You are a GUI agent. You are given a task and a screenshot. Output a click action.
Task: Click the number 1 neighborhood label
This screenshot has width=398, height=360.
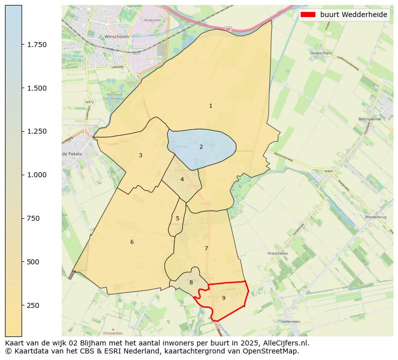coord(211,106)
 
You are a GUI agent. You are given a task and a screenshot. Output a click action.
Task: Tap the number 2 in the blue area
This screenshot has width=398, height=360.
coord(201,147)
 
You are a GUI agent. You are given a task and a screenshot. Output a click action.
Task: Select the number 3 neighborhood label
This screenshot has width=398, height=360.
coord(140,155)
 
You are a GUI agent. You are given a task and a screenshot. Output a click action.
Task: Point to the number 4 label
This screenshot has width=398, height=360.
coord(182,179)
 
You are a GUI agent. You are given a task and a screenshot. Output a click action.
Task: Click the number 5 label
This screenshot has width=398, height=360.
coord(177,218)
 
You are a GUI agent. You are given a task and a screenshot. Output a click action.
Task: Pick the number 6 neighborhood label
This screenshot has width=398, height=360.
coord(132,242)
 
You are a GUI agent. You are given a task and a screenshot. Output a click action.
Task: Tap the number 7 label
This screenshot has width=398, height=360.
coord(206,248)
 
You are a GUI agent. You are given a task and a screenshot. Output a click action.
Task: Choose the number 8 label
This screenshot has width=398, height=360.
coord(191,282)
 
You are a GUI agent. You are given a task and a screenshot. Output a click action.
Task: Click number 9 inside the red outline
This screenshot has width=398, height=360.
coord(224,298)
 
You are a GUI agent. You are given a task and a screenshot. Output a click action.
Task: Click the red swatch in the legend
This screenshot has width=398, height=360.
coord(308,15)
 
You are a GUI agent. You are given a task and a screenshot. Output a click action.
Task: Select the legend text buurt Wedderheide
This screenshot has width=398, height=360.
coord(354,15)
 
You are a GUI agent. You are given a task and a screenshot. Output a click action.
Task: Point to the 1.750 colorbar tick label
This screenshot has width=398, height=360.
coord(37,45)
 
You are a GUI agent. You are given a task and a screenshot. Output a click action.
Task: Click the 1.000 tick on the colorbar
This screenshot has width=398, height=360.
coord(37,175)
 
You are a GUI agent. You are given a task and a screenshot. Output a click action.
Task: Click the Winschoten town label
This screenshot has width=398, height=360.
coord(117,37)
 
